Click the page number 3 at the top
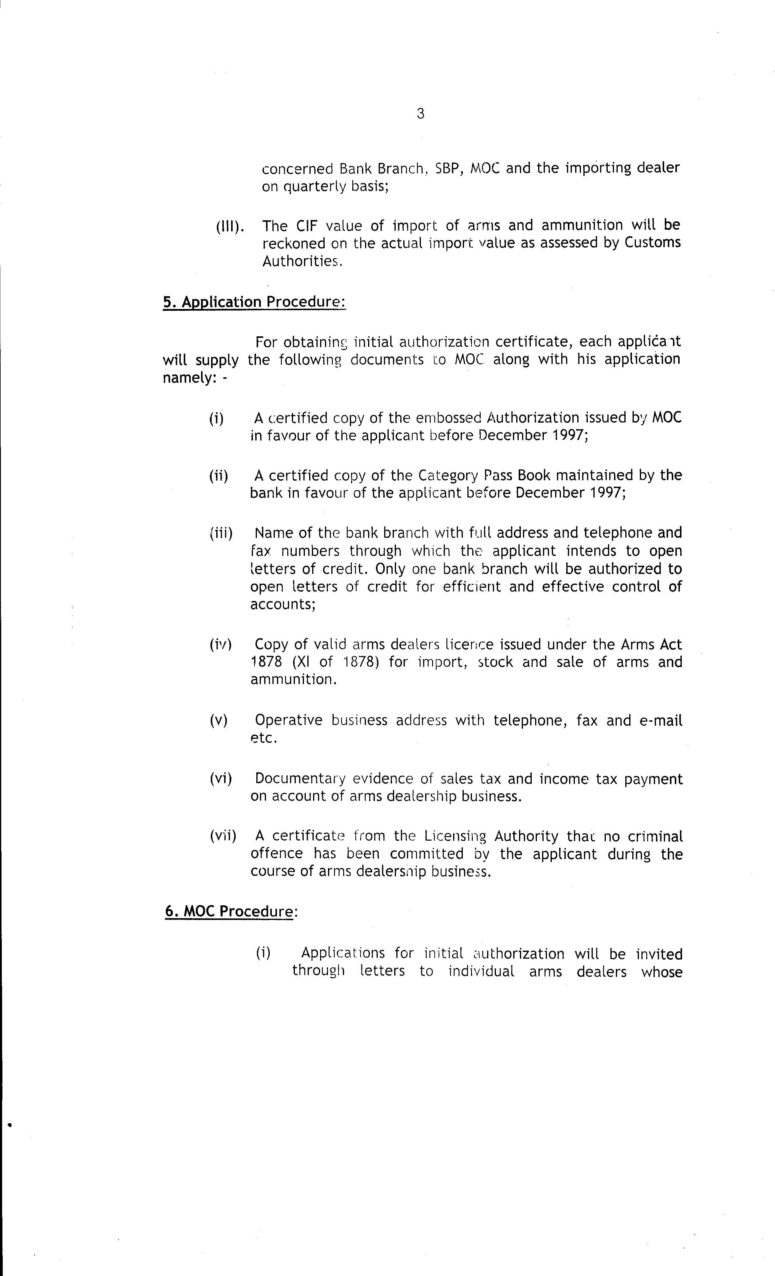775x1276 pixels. pyautogui.click(x=420, y=113)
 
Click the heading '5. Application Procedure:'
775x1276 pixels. pyautogui.click(x=254, y=302)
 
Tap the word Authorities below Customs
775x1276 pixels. pyautogui.click(x=302, y=261)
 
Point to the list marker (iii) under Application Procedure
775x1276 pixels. pyautogui.click(x=221, y=533)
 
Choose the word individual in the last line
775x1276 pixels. pyautogui.click(x=481, y=971)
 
